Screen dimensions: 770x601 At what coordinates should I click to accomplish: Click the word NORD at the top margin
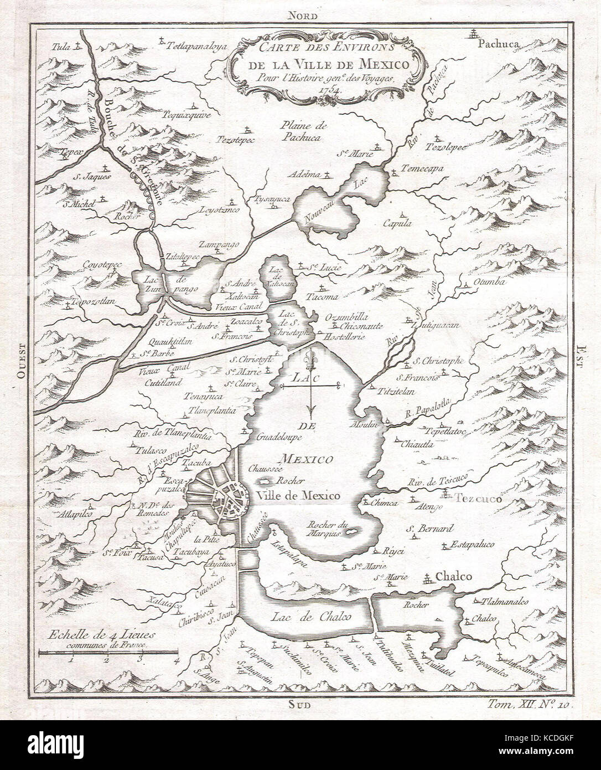click(300, 17)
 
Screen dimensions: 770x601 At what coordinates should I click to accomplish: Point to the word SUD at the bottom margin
click(300, 705)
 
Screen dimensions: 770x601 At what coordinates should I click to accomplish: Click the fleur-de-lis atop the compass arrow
click(312, 353)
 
